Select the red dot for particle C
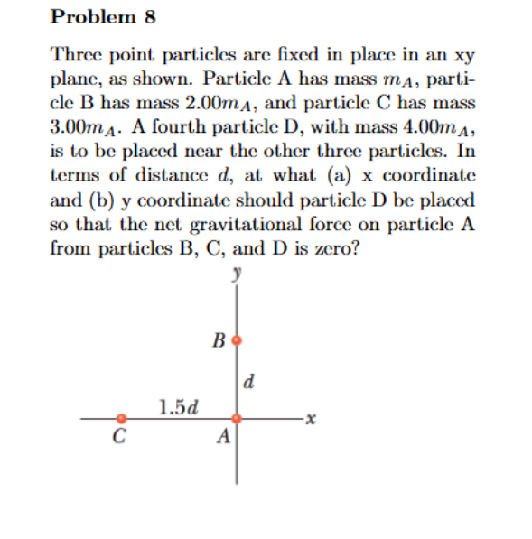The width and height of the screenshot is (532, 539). coord(122,419)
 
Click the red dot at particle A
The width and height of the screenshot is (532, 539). coord(238,419)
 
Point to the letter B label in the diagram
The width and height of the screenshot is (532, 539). coord(219,341)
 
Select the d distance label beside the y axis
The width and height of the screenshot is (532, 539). coord(249,380)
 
